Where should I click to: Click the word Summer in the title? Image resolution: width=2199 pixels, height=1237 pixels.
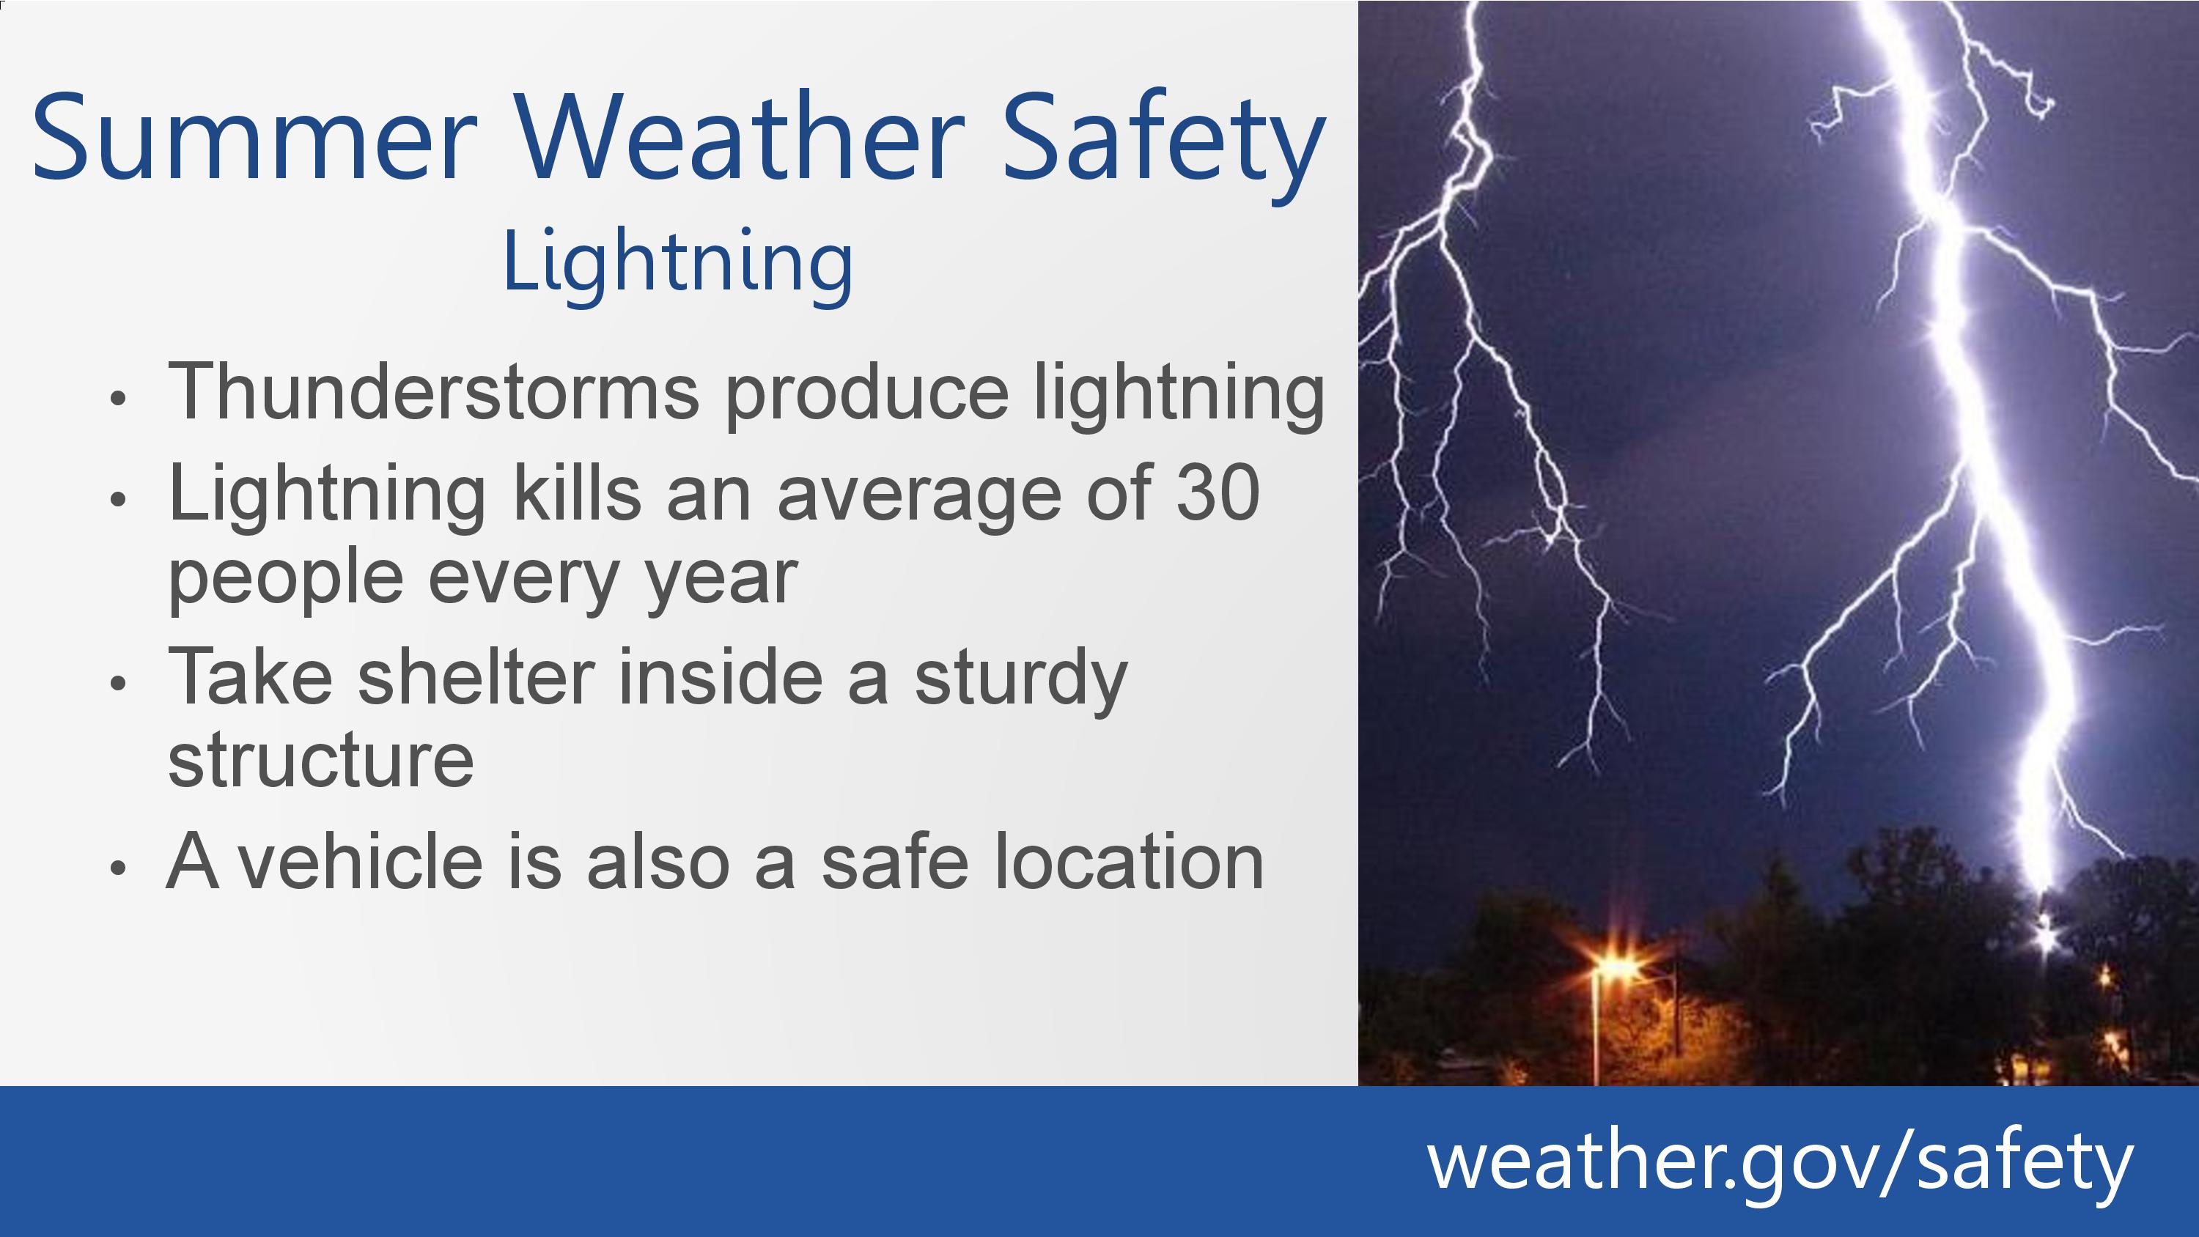click(x=254, y=136)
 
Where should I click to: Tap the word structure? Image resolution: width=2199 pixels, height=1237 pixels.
click(x=321, y=761)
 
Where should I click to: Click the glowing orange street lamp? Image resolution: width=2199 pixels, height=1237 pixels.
click(x=1615, y=969)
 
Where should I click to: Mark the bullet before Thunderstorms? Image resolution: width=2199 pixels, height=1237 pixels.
click(x=119, y=398)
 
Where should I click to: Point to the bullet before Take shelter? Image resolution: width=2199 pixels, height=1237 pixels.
click(x=119, y=682)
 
